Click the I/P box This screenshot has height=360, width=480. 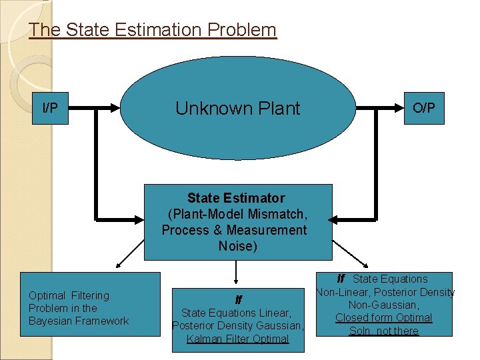50,108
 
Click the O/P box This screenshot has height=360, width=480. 423,108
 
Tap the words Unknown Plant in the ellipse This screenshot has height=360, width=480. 238,109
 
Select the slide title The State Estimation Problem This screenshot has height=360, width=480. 153,30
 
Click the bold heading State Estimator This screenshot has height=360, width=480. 236,198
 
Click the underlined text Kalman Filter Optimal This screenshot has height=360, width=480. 238,339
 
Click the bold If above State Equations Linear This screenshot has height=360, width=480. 238,299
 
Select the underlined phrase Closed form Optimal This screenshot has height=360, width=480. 383,318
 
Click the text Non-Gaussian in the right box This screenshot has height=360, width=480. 383,305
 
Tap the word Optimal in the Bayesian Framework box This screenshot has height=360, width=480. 46,295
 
